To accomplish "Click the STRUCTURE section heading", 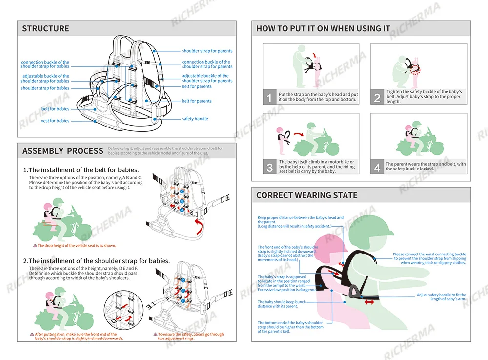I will tap(46, 29).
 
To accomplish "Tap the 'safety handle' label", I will tap(195, 119).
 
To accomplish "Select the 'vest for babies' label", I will tap(55, 121).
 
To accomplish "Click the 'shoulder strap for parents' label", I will tap(207, 51).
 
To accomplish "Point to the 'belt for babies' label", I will tap(55, 109).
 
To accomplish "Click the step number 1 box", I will tap(269, 97).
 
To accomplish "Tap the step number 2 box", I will tap(377, 97).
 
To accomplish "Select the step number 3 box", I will tap(269, 167).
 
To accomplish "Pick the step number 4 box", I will tap(377, 167).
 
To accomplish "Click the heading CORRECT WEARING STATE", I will tap(306, 195).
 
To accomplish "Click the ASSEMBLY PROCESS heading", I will tap(62, 151).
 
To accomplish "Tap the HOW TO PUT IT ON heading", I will tap(323, 29).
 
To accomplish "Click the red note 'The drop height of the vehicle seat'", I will tap(77, 246).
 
